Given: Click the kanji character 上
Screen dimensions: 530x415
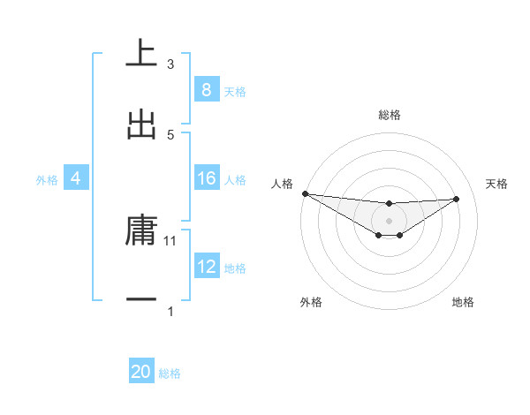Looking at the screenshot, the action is pos(141,54).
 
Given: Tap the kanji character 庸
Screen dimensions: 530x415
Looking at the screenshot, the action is pos(141,230).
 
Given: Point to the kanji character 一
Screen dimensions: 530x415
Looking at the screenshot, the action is pos(141,301).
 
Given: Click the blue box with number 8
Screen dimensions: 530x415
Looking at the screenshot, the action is pos(206,90).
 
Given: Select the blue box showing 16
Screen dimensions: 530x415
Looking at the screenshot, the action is pos(206,179).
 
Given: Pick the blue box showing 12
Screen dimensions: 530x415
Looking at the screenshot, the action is pos(206,268).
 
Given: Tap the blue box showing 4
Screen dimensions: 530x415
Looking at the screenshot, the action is pos(75,179).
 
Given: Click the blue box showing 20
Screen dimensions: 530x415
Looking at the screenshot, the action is pos(141,373).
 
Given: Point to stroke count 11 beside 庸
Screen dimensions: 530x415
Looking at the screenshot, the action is pos(170,240).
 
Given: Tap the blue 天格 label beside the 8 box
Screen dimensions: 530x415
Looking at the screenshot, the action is pos(235,91).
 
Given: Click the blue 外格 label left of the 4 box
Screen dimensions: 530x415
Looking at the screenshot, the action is pos(47,180).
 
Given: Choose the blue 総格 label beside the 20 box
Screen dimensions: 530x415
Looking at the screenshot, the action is pos(170,373).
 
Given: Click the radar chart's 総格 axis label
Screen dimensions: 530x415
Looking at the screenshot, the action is pos(389,115).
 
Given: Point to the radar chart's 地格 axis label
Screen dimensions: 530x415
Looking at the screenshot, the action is pos(463,302).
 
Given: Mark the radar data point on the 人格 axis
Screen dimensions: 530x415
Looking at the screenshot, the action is pos(305,193).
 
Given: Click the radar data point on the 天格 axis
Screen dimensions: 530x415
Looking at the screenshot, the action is pos(457,199).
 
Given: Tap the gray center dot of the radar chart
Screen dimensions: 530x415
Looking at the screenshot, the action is pos(389,220).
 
